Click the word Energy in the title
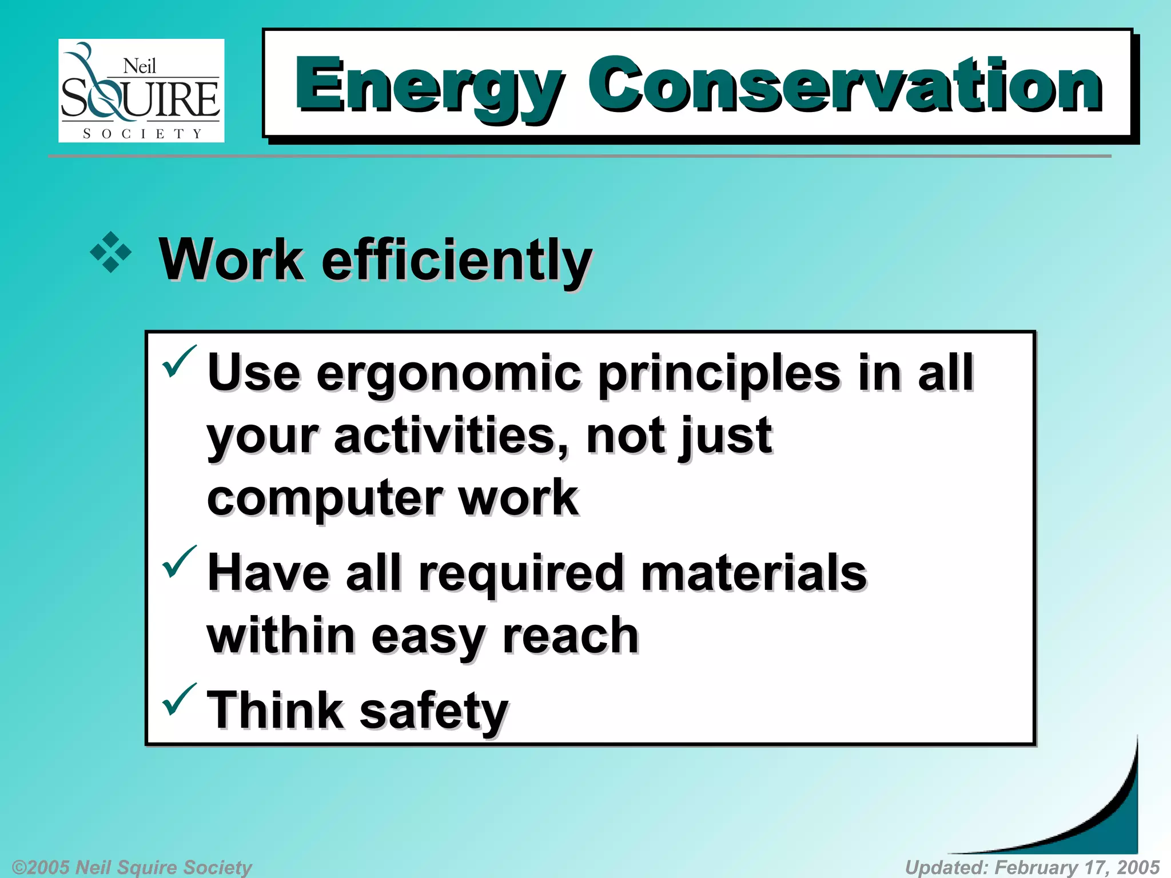click(429, 86)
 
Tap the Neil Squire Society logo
click(141, 90)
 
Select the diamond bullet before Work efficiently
click(111, 252)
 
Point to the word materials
click(754, 573)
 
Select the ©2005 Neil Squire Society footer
click(132, 867)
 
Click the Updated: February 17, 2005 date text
click(1032, 867)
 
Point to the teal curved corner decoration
click(1109, 823)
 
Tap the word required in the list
click(520, 573)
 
